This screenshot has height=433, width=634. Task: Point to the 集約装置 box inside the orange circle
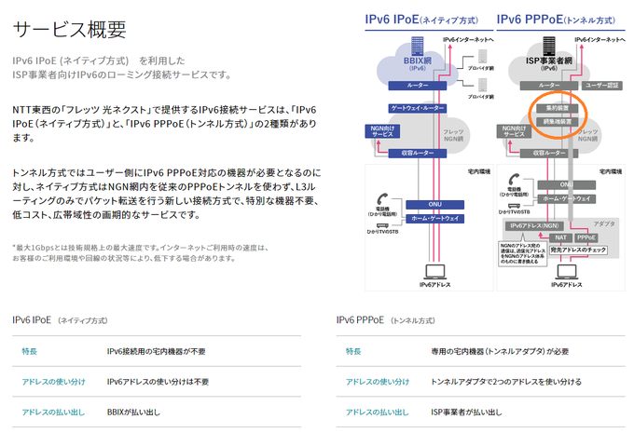point(556,109)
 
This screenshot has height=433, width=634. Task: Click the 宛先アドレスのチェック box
point(578,250)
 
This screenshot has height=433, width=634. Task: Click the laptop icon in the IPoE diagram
point(434,271)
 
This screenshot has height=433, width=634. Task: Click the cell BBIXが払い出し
point(133,411)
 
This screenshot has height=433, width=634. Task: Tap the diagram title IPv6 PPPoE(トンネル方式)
point(556,18)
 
